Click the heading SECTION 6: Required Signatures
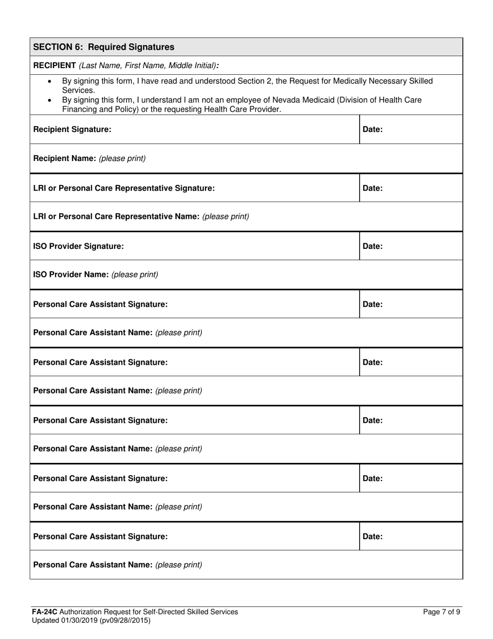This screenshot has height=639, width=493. pos(104,47)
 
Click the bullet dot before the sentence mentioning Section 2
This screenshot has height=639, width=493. pos(50,82)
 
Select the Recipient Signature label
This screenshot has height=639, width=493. pos(72,129)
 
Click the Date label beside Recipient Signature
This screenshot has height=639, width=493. pos(373,129)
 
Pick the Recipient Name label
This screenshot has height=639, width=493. pos(65,158)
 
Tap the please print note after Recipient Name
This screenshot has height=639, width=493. pos(122,158)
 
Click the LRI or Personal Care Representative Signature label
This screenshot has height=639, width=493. pos(124,188)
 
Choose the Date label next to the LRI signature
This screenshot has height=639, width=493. pos(373,188)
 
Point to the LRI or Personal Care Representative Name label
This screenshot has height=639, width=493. pos(117,217)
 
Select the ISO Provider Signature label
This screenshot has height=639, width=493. pos(78,246)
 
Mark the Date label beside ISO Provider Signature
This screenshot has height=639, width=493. pos(373,246)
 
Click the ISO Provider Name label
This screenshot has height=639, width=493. pos(71,275)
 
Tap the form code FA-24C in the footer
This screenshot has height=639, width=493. pos(44,612)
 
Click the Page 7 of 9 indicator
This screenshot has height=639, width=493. pos(442,612)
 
